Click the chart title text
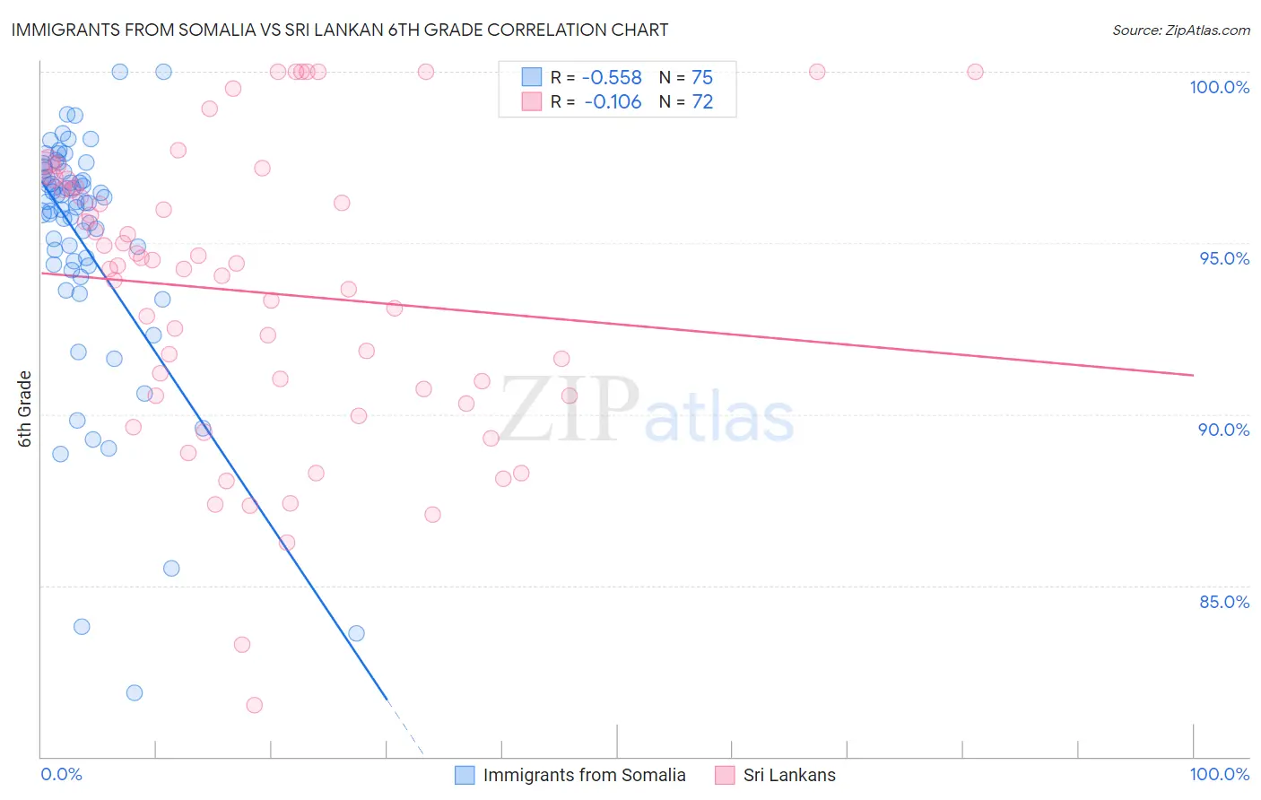[339, 30]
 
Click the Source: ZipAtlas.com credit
[1180, 30]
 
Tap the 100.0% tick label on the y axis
[1219, 87]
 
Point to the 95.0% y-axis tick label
[1224, 258]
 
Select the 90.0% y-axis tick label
[1223, 430]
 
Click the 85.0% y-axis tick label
[1224, 602]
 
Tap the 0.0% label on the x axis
[61, 774]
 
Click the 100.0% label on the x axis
[1219, 774]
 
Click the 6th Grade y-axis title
[25, 409]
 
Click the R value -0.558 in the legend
[613, 78]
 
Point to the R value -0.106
[613, 102]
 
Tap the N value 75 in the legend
[702, 78]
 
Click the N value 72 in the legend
[702, 102]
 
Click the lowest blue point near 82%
[135, 692]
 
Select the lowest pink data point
[254, 705]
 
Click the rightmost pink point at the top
[975, 72]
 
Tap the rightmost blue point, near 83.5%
[356, 633]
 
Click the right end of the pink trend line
[1193, 375]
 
